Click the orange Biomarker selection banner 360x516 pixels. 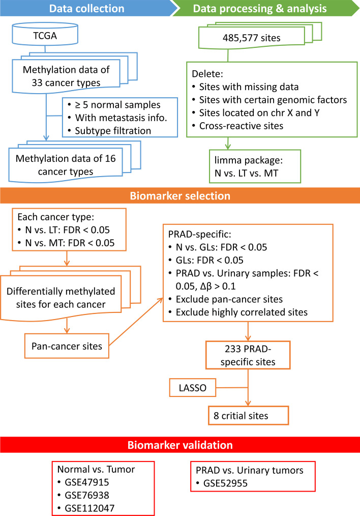click(180, 196)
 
